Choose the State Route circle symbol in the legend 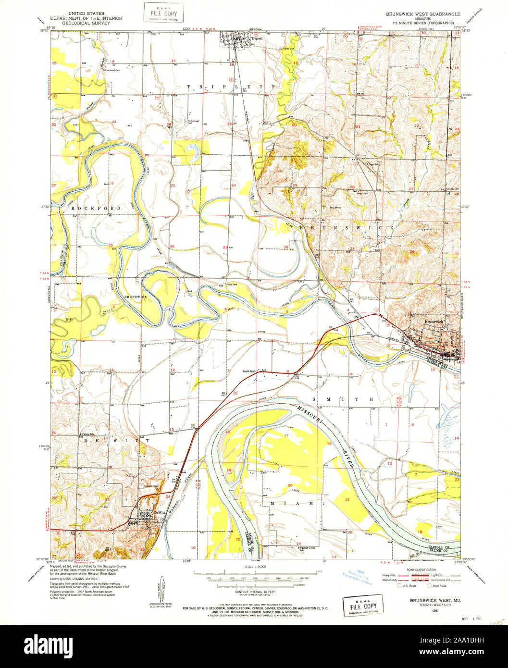[x=431, y=586]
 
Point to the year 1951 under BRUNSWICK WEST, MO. [x=435, y=610]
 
